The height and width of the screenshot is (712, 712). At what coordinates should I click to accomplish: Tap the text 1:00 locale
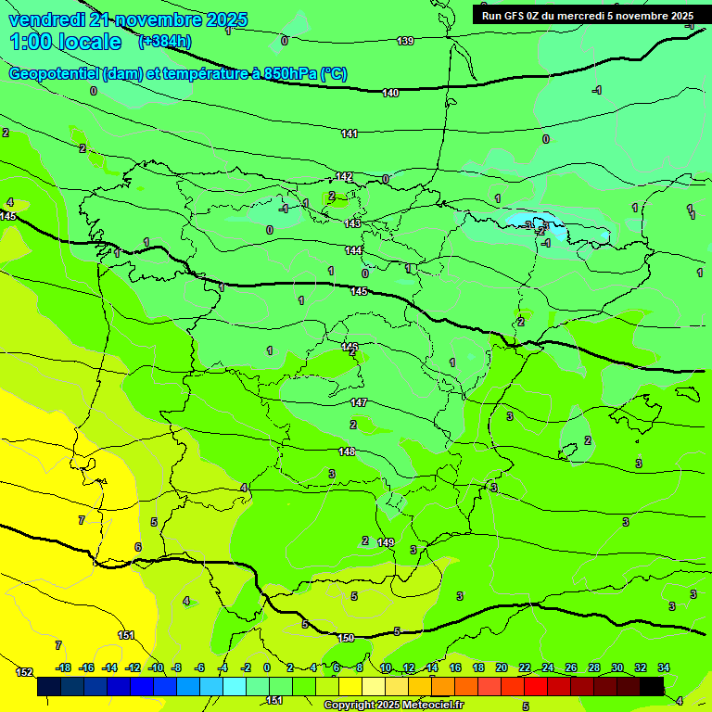pyautogui.click(x=65, y=42)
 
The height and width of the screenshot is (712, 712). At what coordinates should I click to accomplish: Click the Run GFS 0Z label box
pyautogui.click(x=587, y=15)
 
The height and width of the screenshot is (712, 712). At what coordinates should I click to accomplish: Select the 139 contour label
pyautogui.click(x=405, y=41)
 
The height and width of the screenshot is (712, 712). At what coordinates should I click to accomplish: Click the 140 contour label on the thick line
pyautogui.click(x=390, y=93)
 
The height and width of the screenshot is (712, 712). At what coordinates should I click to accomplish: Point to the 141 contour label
pyautogui.click(x=349, y=134)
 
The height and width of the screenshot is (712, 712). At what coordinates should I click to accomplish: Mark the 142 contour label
pyautogui.click(x=344, y=177)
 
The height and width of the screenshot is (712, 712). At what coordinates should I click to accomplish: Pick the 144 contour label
pyautogui.click(x=353, y=250)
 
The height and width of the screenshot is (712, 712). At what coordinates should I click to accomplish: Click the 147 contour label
pyautogui.click(x=360, y=402)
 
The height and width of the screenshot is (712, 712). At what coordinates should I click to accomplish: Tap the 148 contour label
pyautogui.click(x=347, y=451)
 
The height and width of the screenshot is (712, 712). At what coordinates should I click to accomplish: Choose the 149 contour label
pyautogui.click(x=386, y=542)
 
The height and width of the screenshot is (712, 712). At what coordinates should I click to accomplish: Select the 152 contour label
pyautogui.click(x=24, y=672)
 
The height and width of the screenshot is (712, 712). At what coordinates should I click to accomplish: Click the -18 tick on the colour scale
pyautogui.click(x=64, y=667)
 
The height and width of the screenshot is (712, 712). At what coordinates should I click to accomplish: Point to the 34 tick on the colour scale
pyautogui.click(x=664, y=667)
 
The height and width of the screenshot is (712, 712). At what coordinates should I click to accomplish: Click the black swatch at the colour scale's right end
pyautogui.click(x=652, y=686)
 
